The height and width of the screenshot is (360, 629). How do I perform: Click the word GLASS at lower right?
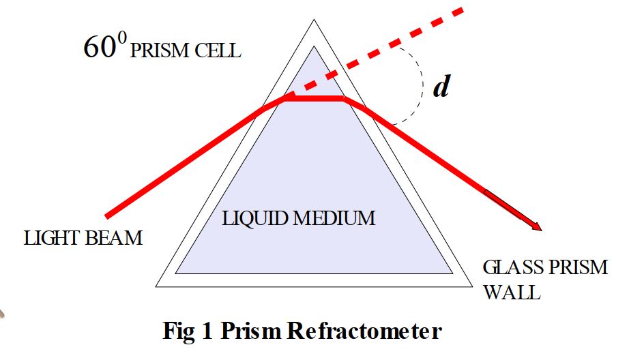[x=514, y=267]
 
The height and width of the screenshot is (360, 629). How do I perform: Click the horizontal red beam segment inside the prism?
[x=314, y=99]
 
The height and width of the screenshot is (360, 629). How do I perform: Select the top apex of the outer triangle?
[x=314, y=20]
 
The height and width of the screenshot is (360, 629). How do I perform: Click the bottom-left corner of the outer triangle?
[x=157, y=285]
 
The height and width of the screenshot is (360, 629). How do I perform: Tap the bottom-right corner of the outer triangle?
[x=471, y=285]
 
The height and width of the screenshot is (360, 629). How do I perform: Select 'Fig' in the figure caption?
[x=179, y=332]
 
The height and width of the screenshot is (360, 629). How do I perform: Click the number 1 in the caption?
[x=211, y=332]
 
